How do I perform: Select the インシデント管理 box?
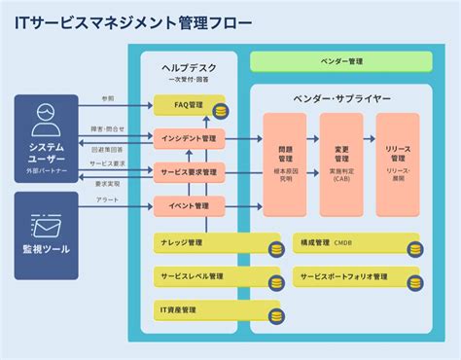pyautogui.click(x=189, y=138)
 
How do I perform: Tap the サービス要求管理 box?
pyautogui.click(x=189, y=172)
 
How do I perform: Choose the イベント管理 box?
pyautogui.click(x=189, y=205)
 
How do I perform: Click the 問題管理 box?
pyautogui.click(x=285, y=163)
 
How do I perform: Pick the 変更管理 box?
pyautogui.click(x=341, y=163)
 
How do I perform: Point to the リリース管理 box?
pyautogui.click(x=398, y=163)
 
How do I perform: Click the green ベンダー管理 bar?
pyautogui.click(x=341, y=61)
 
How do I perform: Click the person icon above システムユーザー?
pyautogui.click(x=46, y=120)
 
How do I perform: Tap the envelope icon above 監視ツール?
pyautogui.click(x=46, y=226)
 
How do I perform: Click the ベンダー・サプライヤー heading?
pyautogui.click(x=341, y=98)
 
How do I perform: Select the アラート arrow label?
pyautogui.click(x=108, y=199)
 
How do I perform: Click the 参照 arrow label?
pyautogui.click(x=108, y=98)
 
